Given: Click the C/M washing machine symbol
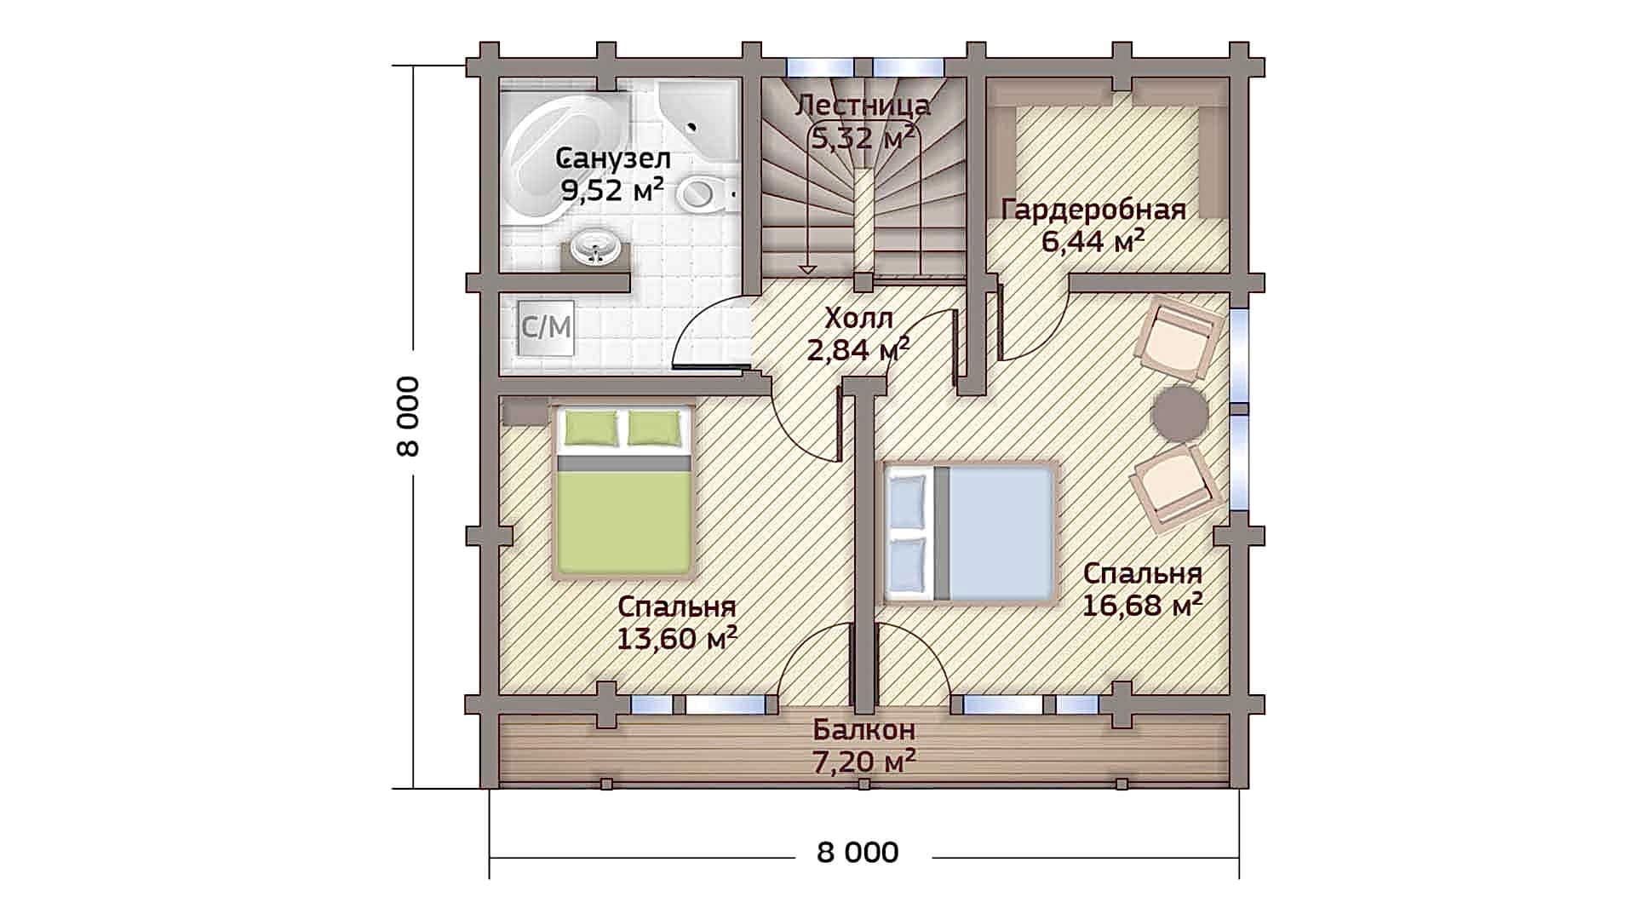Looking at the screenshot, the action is click(546, 327).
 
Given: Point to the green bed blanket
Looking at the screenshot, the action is click(624, 520).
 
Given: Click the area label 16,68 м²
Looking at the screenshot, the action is click(1142, 606).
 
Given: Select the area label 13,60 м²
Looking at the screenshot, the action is click(676, 638).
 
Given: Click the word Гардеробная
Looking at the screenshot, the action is click(1093, 210).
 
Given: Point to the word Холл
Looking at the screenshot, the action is click(859, 319).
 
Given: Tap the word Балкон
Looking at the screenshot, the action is click(863, 730).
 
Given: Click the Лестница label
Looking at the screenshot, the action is click(863, 106).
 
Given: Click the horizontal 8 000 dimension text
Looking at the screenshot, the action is click(858, 853).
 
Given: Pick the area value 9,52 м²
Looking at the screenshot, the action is click(612, 189).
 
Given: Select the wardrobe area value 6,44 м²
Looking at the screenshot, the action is click(1093, 242).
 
